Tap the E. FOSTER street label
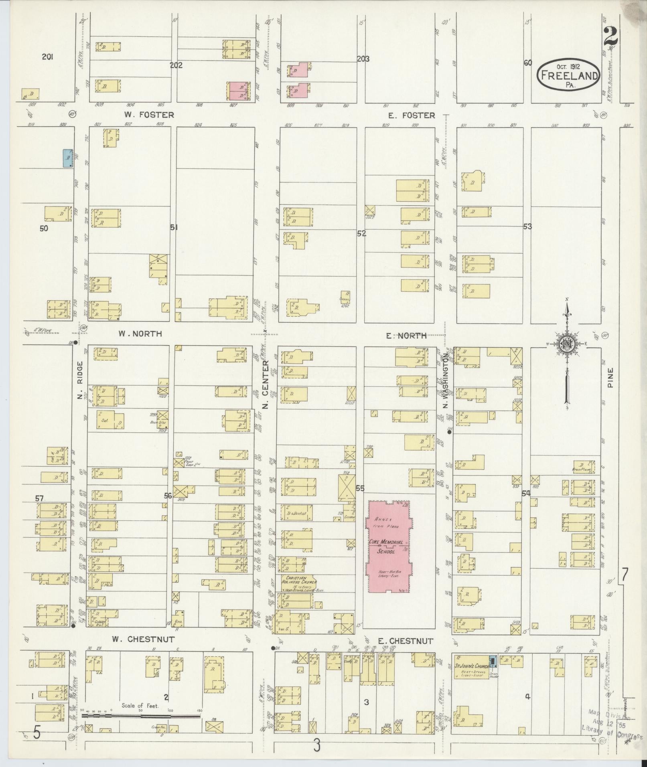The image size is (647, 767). [x=411, y=115]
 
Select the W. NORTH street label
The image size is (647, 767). [x=140, y=334]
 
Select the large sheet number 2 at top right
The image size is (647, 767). [x=609, y=38]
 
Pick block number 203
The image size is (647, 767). [x=363, y=59]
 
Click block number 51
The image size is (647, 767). [x=173, y=227]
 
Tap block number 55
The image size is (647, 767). [x=360, y=488]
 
